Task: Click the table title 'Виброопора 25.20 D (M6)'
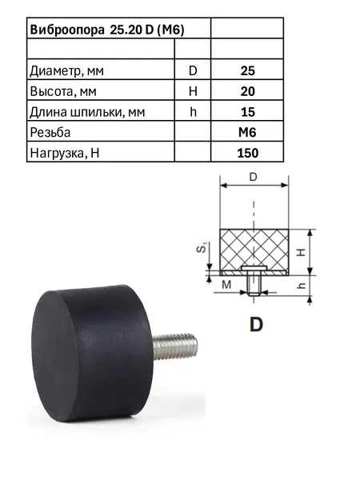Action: (107, 30)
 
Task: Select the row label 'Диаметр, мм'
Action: (66, 71)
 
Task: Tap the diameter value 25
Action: (248, 70)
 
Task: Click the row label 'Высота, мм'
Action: (63, 91)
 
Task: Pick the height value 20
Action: (248, 91)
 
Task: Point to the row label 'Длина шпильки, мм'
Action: (87, 112)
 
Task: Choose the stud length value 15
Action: (248, 112)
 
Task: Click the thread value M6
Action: (247, 133)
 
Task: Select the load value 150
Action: (248, 153)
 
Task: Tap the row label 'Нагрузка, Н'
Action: (65, 153)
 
